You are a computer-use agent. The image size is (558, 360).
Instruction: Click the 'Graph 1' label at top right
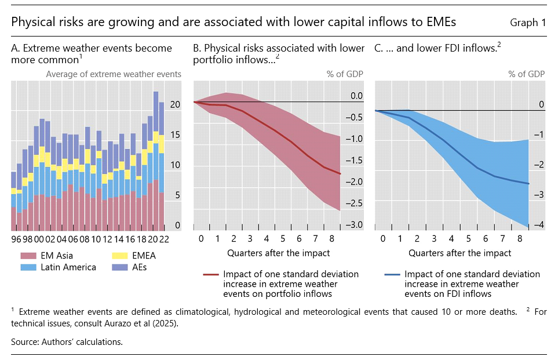click(528, 23)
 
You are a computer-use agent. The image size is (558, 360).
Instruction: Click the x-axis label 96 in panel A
click(16, 239)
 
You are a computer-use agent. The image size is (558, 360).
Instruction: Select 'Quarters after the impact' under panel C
click(460, 253)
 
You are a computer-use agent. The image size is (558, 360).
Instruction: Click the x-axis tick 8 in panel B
click(331, 239)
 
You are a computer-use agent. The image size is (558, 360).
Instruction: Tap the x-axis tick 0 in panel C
click(382, 239)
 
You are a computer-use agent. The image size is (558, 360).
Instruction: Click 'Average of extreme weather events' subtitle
click(114, 74)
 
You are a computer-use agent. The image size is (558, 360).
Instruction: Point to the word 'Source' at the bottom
click(25, 341)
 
